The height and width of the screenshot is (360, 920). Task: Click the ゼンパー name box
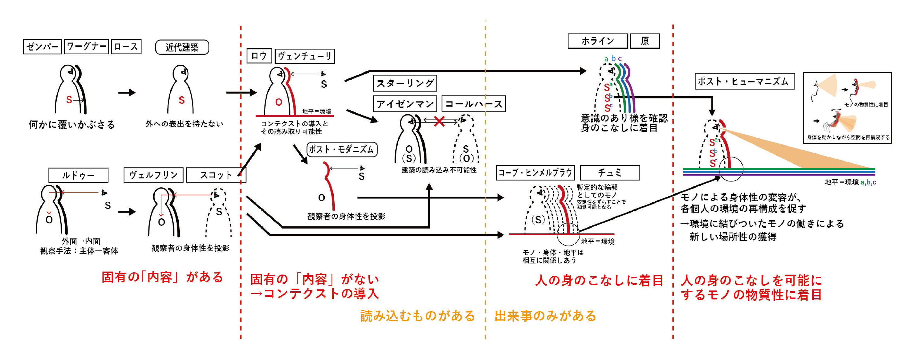coord(42,47)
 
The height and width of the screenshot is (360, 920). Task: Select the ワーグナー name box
coord(87,47)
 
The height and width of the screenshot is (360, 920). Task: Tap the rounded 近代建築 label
coord(182,47)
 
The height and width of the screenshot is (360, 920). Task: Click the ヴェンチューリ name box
coord(305,56)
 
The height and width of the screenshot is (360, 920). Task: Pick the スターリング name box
coord(405,83)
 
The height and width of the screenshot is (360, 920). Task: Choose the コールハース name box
coord(474,104)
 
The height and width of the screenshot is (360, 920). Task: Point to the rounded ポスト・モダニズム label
coord(342,149)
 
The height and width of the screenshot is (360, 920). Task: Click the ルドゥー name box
coord(78,175)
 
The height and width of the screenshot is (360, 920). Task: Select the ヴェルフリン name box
coord(154,175)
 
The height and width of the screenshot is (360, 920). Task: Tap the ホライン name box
coord(597,41)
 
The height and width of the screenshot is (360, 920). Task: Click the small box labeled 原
coord(645,41)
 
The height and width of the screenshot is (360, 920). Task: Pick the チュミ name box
coord(610,173)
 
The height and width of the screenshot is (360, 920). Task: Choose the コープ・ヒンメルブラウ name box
coord(535,173)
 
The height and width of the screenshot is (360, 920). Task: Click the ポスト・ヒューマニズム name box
coord(745,81)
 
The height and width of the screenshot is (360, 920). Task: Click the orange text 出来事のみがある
coord(545,316)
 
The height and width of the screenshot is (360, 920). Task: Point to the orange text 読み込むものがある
coord(418,316)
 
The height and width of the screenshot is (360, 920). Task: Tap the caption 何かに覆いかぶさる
coord(72,125)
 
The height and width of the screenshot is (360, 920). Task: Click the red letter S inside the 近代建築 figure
coord(181,100)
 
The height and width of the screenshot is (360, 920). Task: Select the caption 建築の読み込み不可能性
coord(439,170)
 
